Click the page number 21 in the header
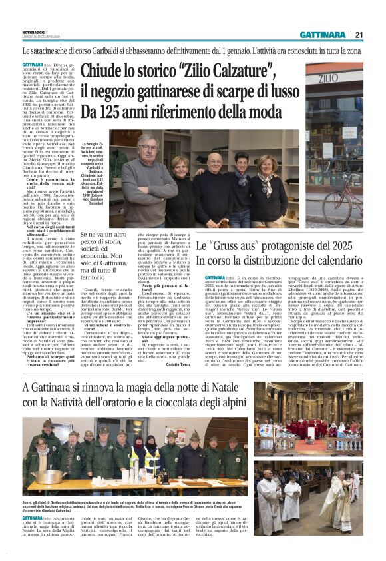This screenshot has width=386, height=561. coord(358,35)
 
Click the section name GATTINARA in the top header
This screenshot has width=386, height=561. coord(323,35)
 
